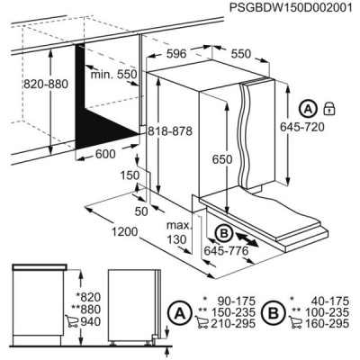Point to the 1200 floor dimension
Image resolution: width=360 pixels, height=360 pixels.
click(x=125, y=233)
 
